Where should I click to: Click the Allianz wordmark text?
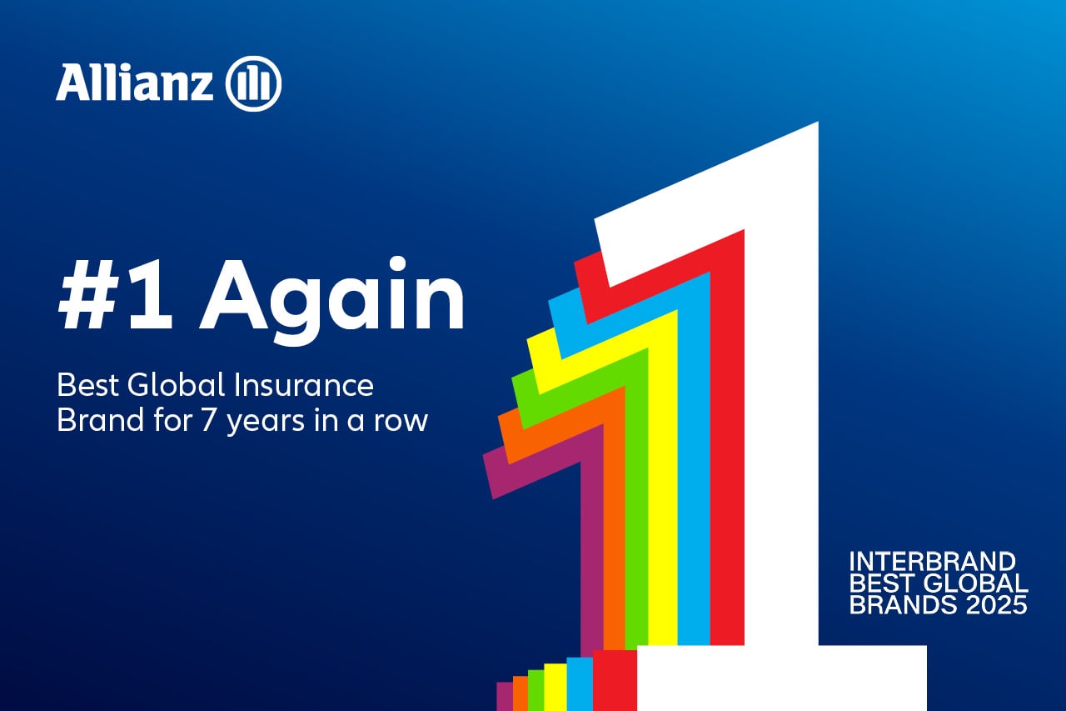click(x=135, y=82)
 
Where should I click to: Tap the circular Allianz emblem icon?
click(x=254, y=83)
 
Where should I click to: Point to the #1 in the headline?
click(x=115, y=295)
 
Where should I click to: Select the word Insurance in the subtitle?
click(x=304, y=385)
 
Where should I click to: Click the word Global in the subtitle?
click(x=176, y=385)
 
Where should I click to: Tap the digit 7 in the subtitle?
click(x=208, y=420)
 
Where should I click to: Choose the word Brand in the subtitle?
click(x=101, y=420)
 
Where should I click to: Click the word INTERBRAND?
click(x=932, y=562)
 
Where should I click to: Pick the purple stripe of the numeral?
click(x=592, y=548)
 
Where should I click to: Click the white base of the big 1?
click(x=781, y=678)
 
